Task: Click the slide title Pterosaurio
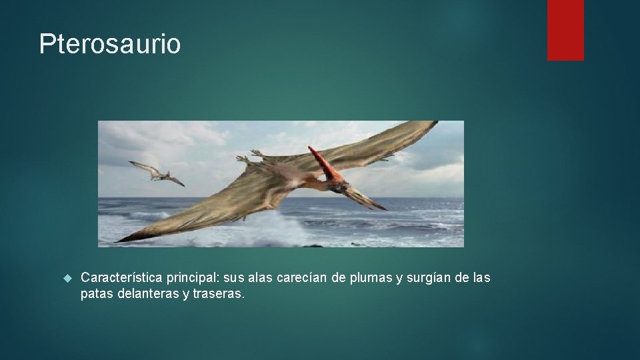coord(109,44)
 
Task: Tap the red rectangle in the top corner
coord(565,29)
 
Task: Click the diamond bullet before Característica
coord(66,277)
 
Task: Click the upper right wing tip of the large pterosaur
coord(430,124)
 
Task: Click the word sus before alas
coord(236,277)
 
